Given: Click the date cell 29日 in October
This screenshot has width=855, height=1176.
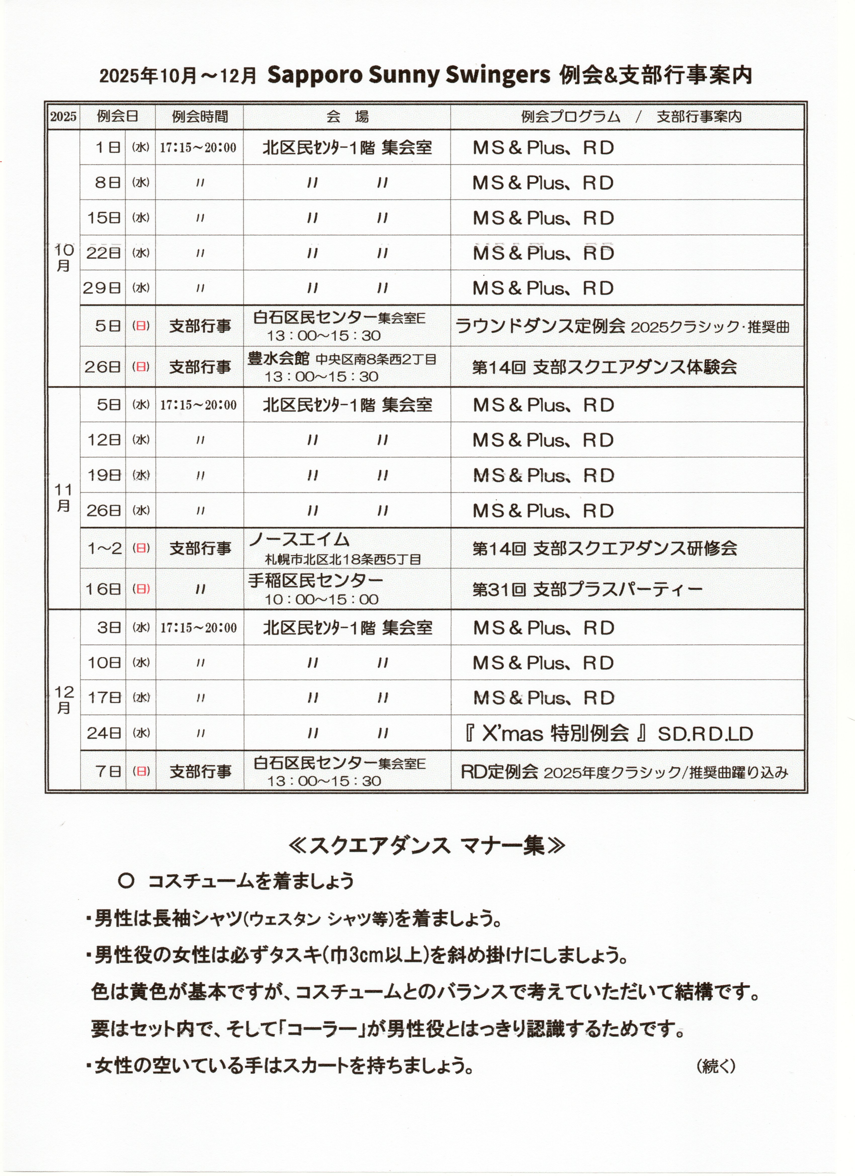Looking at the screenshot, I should tap(102, 288).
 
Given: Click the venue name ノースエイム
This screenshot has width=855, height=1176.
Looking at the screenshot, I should tap(299, 540).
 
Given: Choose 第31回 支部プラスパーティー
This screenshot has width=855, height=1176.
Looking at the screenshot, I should tap(587, 589).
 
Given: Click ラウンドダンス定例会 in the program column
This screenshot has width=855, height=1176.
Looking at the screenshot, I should tap(540, 326).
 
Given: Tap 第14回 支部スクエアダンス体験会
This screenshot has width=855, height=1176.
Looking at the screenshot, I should tap(605, 367).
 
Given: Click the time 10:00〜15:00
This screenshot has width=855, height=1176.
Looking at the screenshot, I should tap(322, 599).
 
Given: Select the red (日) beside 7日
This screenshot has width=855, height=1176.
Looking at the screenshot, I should tap(141, 771).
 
